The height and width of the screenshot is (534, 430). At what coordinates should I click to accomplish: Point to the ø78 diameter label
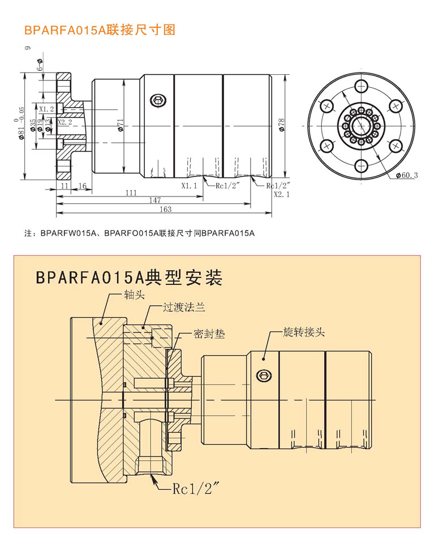[281, 125]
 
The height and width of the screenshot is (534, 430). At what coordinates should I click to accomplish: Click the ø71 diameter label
[121, 125]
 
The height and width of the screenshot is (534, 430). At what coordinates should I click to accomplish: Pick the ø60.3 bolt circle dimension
[406, 176]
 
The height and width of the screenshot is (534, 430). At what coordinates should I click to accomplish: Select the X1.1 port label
[189, 185]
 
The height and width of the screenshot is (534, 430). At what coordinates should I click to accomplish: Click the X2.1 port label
[281, 194]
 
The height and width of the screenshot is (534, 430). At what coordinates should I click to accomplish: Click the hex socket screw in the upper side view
[158, 101]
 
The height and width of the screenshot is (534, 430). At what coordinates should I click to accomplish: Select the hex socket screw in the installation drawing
[263, 376]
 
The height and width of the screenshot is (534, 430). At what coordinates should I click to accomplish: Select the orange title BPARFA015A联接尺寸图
[100, 29]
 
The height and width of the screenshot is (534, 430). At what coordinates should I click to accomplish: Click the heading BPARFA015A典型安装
[128, 277]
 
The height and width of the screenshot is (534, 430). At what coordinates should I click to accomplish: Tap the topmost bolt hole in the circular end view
[360, 86]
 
